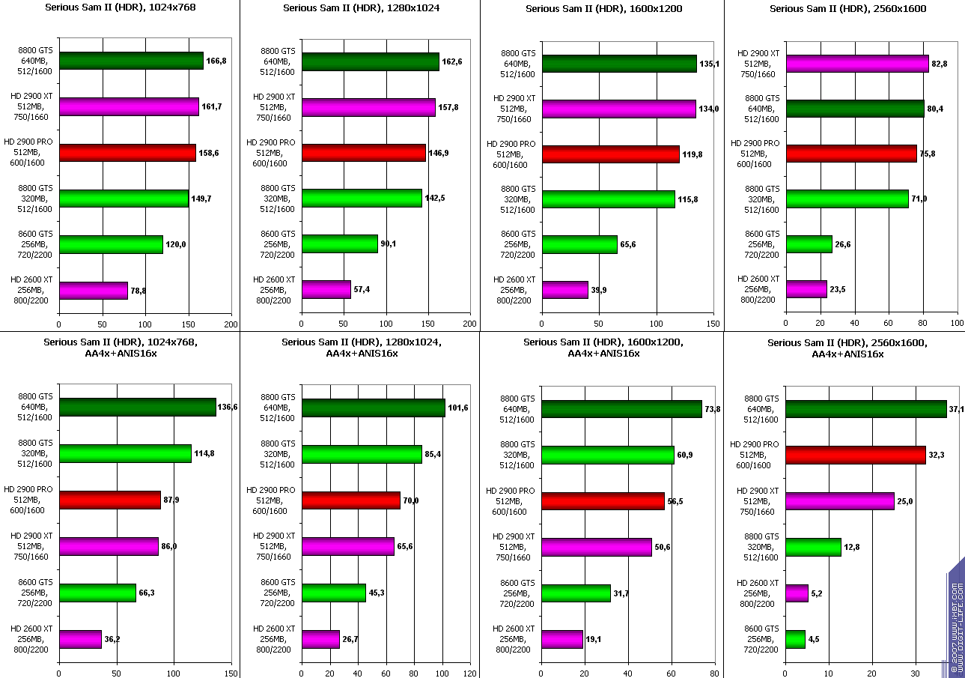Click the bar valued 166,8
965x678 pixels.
point(131,61)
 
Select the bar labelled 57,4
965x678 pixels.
point(326,289)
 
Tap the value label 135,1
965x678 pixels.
point(709,64)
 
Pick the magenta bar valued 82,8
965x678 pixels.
point(856,64)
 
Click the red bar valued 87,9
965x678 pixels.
point(109,500)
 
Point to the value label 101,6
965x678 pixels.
point(458,408)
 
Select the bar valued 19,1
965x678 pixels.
point(561,639)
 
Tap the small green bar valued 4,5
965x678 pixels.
point(795,639)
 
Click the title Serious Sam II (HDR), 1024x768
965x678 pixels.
point(119,8)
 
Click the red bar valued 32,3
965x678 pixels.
point(855,455)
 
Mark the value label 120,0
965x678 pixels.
point(175,245)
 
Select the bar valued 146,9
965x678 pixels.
point(363,153)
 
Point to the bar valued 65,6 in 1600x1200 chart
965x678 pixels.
point(579,244)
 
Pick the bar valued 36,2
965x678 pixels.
point(80,639)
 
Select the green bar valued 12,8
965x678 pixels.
point(813,547)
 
